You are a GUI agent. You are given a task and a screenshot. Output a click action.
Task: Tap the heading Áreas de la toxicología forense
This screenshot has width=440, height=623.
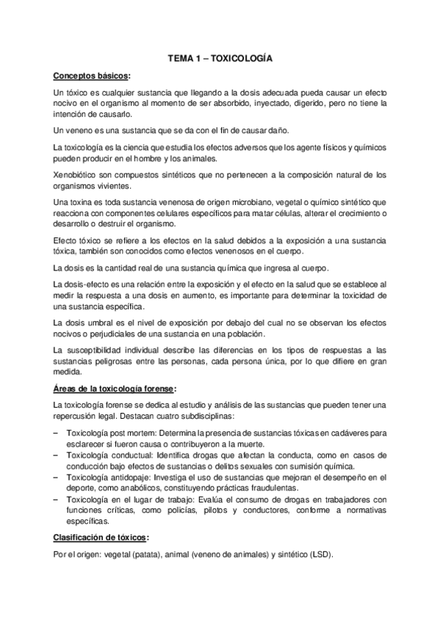pyautogui.click(x=115, y=388)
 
